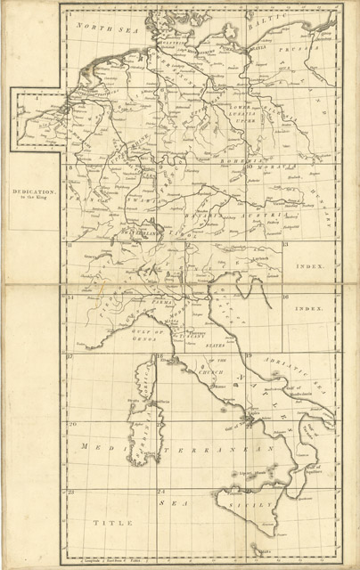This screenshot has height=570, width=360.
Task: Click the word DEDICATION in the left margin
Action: [33, 191]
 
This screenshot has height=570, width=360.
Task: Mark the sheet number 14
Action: [70, 298]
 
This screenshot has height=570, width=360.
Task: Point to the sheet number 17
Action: [70, 356]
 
